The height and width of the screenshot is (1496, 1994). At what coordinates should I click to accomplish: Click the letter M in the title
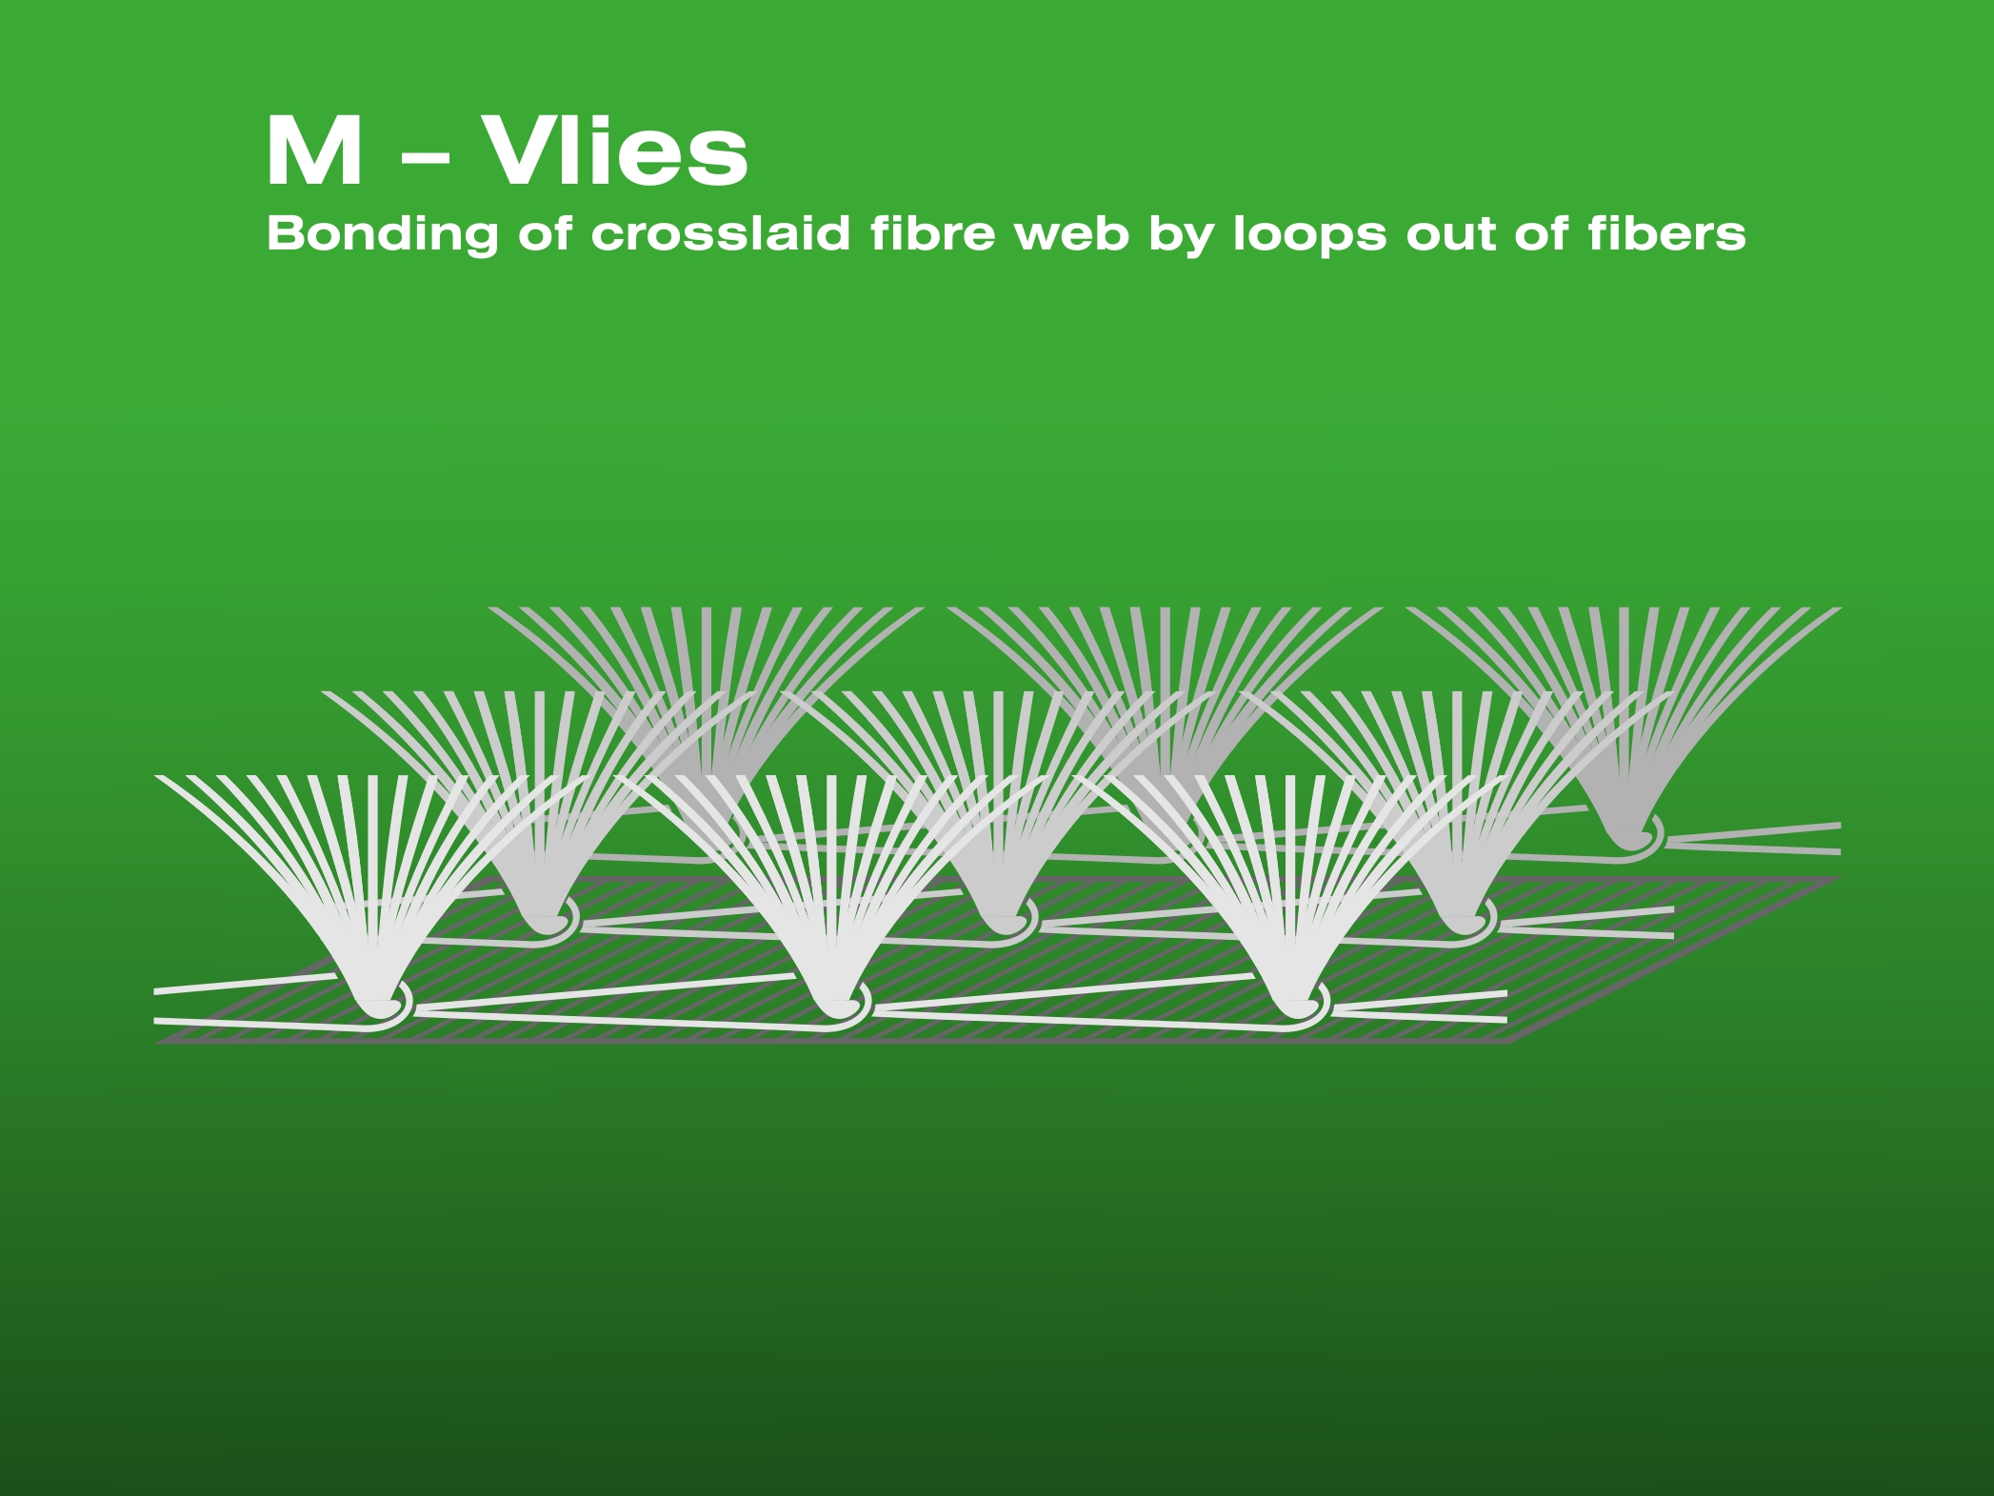pos(314,151)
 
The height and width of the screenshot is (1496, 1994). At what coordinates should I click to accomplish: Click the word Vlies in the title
pos(617,151)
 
